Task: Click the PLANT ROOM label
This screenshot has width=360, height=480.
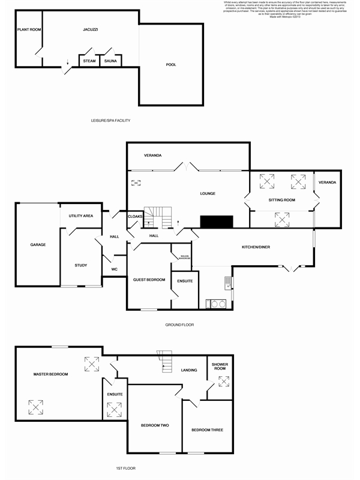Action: (29, 29)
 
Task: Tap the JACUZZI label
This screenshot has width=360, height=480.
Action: (91, 29)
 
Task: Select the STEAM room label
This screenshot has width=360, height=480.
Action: (89, 61)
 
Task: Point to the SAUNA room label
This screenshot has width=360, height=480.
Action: (110, 61)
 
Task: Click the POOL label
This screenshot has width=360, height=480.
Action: (171, 65)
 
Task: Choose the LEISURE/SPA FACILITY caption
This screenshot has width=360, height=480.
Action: (107, 121)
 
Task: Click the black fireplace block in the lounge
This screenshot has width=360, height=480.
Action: (217, 222)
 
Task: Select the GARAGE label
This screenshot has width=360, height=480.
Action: (38, 245)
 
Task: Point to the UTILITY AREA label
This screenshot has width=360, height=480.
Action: (80, 215)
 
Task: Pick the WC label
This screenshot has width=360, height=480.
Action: (114, 269)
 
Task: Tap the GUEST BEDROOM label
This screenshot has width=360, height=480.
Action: (149, 280)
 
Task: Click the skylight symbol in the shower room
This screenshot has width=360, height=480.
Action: (225, 380)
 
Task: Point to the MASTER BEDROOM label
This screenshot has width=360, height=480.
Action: (50, 374)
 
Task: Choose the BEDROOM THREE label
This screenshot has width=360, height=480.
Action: (207, 430)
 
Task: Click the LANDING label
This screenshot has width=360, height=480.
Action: (190, 370)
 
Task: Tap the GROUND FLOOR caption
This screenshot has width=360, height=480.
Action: (179, 325)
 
